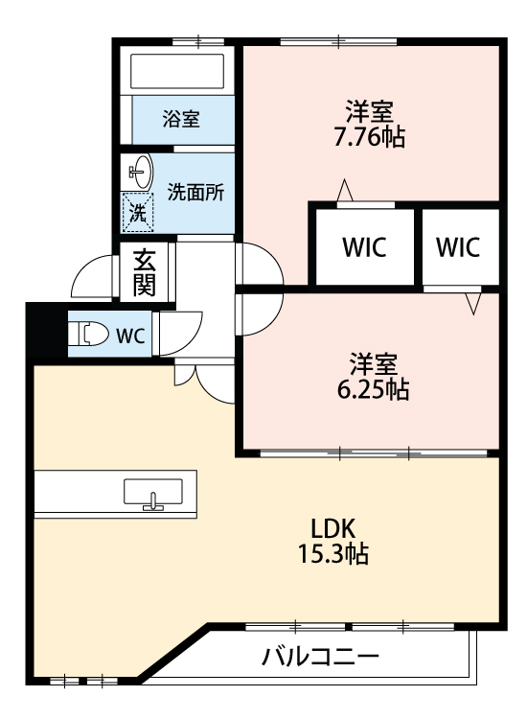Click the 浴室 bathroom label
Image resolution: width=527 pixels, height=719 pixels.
[180, 120]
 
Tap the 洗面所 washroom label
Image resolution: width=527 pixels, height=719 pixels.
[195, 191]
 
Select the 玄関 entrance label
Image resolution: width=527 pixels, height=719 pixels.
[145, 272]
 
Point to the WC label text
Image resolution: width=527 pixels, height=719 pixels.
[130, 336]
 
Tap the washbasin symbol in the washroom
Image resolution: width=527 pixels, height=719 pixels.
[140, 174]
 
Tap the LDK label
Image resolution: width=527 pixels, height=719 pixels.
[332, 527]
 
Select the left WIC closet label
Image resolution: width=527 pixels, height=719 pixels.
[364, 247]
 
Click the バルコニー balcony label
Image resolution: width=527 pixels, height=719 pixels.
[321, 658]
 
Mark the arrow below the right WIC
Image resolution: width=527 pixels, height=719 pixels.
[471, 303]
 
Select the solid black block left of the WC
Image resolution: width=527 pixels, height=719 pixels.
[38, 331]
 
